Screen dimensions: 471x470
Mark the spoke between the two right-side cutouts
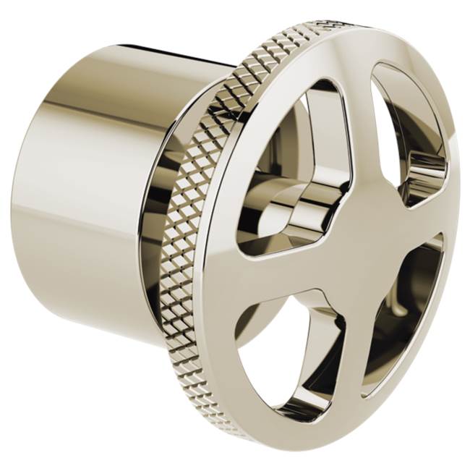(434, 221)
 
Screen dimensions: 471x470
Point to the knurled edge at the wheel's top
(289, 43)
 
